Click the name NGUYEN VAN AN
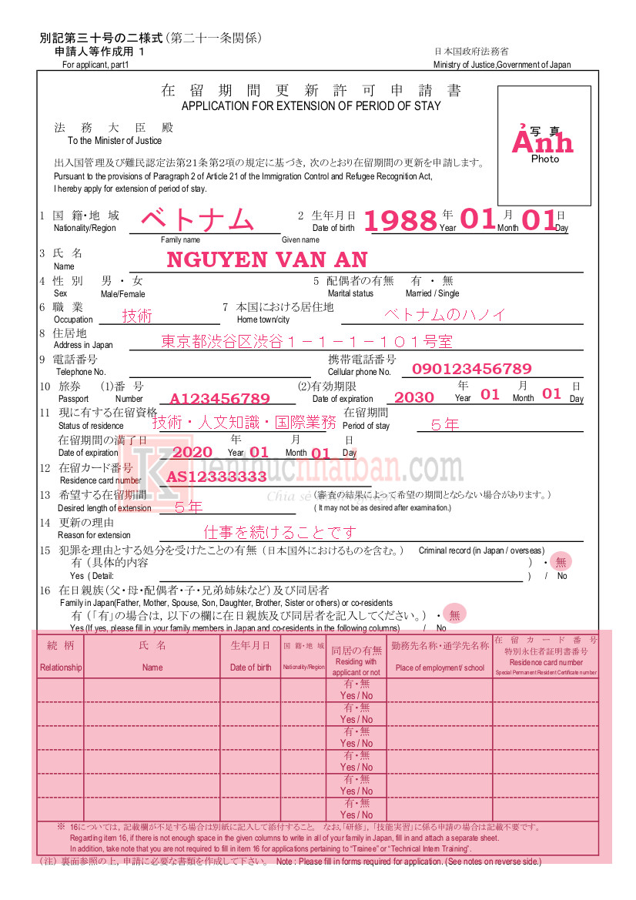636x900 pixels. pyautogui.click(x=266, y=260)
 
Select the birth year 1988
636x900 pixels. pyautogui.click(x=400, y=221)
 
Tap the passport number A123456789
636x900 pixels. pyautogui.click(x=219, y=399)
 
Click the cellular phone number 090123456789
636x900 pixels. pyautogui.click(x=471, y=369)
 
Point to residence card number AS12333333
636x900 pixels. pyautogui.click(x=216, y=477)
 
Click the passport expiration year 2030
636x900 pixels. pyautogui.click(x=414, y=397)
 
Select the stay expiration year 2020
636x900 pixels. pyautogui.click(x=192, y=453)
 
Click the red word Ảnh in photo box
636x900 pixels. pyautogui.click(x=544, y=142)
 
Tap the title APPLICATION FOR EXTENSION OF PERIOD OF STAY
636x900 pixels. pyautogui.click(x=311, y=105)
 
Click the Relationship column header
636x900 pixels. pyautogui.click(x=61, y=667)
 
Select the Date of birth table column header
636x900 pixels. pyautogui.click(x=250, y=667)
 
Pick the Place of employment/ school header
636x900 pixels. pyautogui.click(x=440, y=667)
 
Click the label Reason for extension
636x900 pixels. pyautogui.click(x=95, y=535)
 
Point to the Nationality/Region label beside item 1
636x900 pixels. pyautogui.click(x=85, y=228)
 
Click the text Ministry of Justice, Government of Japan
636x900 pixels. pyautogui.click(x=502, y=65)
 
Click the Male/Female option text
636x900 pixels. pyautogui.click(x=122, y=294)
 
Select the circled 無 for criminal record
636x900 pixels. pyautogui.click(x=561, y=562)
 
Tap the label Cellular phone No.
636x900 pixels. pyautogui.click(x=360, y=372)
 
